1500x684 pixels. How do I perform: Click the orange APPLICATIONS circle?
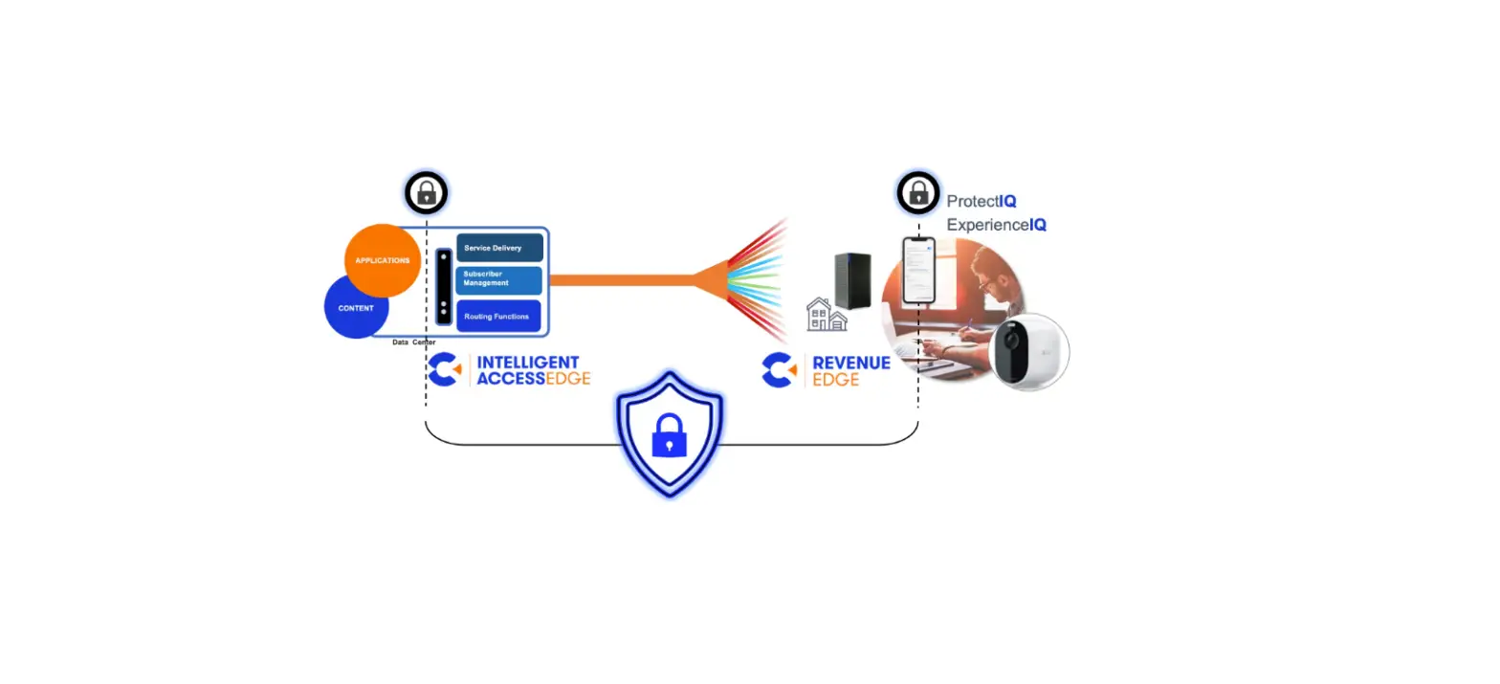pyautogui.click(x=383, y=260)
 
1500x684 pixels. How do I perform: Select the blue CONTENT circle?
pyautogui.click(x=355, y=308)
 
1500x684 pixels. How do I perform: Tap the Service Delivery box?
pyautogui.click(x=499, y=248)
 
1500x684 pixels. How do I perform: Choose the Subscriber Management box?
pyautogui.click(x=499, y=279)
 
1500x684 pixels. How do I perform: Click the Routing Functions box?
pyautogui.click(x=498, y=316)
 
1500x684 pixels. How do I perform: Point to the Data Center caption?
pyautogui.click(x=413, y=342)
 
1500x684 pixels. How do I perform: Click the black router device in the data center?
pyautogui.click(x=443, y=286)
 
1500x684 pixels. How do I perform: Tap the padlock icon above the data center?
pyautogui.click(x=427, y=194)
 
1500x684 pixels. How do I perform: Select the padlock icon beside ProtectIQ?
pyautogui.click(x=917, y=194)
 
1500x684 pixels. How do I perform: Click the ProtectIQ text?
pyautogui.click(x=981, y=202)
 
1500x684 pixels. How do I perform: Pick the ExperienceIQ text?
pyautogui.click(x=996, y=226)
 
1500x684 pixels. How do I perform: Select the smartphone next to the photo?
pyautogui.click(x=918, y=271)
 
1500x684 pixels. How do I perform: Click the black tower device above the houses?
pyautogui.click(x=851, y=280)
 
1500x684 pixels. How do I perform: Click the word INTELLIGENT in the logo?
pyautogui.click(x=527, y=363)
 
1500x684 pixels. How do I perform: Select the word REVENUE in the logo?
pyautogui.click(x=850, y=363)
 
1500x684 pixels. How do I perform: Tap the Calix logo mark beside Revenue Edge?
pyautogui.click(x=779, y=370)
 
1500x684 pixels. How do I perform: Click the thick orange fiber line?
pyautogui.click(x=622, y=279)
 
